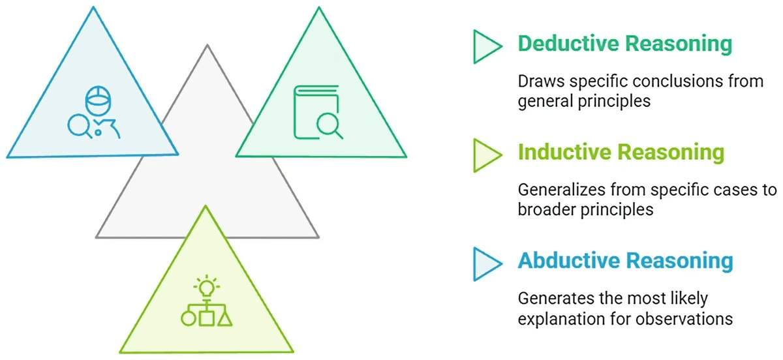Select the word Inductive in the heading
pyautogui.click(x=560, y=153)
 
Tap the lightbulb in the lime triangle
pyautogui.click(x=207, y=287)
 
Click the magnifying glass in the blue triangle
pyautogui.click(x=81, y=125)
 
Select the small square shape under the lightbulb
pyautogui.click(x=207, y=319)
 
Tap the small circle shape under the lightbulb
pyautogui.click(x=188, y=320)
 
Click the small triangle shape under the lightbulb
pyautogui.click(x=225, y=319)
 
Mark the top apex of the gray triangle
pyautogui.click(x=207, y=46)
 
